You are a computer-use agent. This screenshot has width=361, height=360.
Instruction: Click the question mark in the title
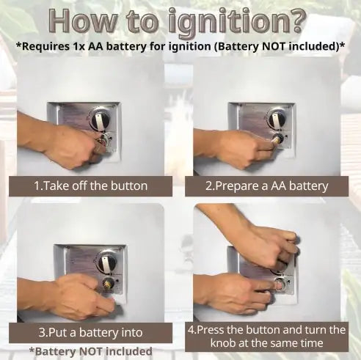click(296, 21)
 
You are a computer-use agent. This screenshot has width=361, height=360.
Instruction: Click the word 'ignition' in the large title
click(228, 23)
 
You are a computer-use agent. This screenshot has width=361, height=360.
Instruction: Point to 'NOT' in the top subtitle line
click(274, 46)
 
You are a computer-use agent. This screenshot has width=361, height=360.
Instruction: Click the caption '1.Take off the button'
click(90, 186)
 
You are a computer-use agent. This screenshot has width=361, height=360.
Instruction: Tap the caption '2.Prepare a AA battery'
click(266, 186)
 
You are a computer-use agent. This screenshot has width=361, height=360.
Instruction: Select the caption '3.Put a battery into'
click(90, 333)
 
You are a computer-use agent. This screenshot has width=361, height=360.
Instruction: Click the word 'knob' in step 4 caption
click(223, 343)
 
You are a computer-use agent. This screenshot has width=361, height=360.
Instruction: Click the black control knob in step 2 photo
click(277, 120)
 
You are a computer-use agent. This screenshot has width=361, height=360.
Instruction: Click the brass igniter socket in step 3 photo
click(107, 284)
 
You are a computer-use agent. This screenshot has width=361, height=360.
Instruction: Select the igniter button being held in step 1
click(103, 141)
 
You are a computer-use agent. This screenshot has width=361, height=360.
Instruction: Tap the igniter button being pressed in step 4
click(280, 284)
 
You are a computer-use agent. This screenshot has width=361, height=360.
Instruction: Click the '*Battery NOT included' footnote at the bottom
click(90, 351)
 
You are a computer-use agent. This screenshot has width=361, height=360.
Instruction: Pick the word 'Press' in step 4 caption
click(211, 330)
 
